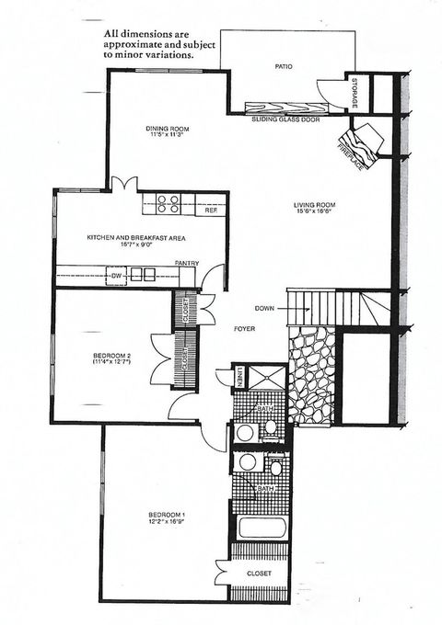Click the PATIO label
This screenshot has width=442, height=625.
[284, 66]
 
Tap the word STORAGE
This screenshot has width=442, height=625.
[355, 92]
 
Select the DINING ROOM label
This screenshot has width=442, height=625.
[168, 129]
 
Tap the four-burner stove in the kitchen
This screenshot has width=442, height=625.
[168, 204]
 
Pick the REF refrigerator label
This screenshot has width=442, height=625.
[211, 210]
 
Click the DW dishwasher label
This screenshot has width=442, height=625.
[117, 274]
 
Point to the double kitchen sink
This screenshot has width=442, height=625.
[143, 273]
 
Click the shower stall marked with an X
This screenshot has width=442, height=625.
[267, 377]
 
